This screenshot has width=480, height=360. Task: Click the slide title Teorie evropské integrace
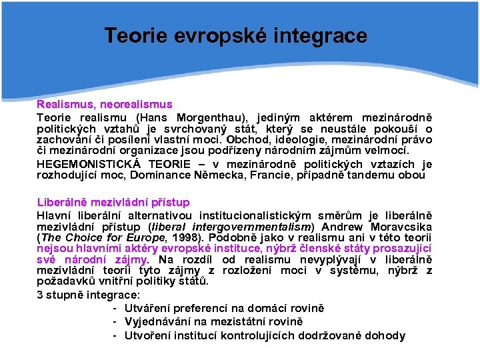point(235,35)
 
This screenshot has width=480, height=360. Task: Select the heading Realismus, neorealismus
point(104,105)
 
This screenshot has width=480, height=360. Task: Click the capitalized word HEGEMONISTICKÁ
point(88,164)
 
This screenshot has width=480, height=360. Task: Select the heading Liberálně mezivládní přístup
point(113,201)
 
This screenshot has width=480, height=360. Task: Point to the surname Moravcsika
point(401,225)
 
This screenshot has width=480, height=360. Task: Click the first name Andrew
point(344,225)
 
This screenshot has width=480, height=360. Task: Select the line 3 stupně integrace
point(88,294)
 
